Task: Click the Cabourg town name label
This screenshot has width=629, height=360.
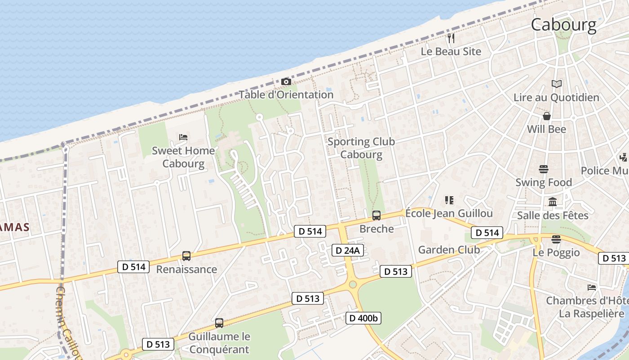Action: pyautogui.click(x=564, y=24)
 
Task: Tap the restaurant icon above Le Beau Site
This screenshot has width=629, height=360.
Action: pyautogui.click(x=451, y=38)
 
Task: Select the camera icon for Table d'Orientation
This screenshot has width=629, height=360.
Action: pyautogui.click(x=286, y=81)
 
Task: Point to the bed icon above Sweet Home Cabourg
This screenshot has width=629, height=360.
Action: pyautogui.click(x=183, y=137)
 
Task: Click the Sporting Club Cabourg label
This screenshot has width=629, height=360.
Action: pyautogui.click(x=361, y=148)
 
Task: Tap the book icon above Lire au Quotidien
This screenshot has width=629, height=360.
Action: pyautogui.click(x=556, y=84)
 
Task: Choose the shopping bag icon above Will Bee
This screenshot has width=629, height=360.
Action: pyautogui.click(x=547, y=116)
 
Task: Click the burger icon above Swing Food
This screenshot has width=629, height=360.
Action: pyautogui.click(x=544, y=169)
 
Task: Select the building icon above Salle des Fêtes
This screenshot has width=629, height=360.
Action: pyautogui.click(x=553, y=202)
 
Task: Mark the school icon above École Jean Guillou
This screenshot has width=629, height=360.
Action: pyautogui.click(x=449, y=200)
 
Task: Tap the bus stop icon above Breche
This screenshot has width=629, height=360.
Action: pyautogui.click(x=377, y=216)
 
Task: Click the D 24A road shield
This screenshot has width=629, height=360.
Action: pyautogui.click(x=348, y=250)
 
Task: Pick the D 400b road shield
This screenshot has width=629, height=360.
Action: pyautogui.click(x=363, y=318)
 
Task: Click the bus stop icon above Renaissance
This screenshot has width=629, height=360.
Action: pyautogui.click(x=186, y=256)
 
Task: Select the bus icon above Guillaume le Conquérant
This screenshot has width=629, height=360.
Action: pyautogui.click(x=219, y=323)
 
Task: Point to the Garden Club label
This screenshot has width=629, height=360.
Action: pyautogui.click(x=449, y=250)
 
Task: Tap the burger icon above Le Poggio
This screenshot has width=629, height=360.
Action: pyautogui.click(x=556, y=239)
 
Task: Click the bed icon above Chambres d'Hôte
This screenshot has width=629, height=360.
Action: pyautogui.click(x=592, y=288)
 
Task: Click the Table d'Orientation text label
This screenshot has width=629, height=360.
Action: pyautogui.click(x=286, y=95)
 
